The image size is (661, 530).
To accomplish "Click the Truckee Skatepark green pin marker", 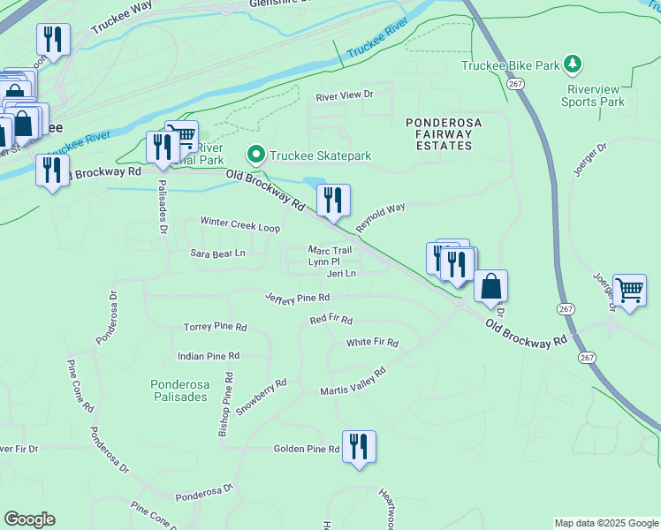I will pyautogui.click(x=257, y=155).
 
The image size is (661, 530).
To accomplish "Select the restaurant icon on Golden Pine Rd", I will pyautogui.click(x=359, y=446).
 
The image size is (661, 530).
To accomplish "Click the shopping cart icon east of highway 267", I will pyautogui.click(x=629, y=290).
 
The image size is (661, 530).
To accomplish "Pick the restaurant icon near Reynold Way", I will pyautogui.click(x=333, y=200).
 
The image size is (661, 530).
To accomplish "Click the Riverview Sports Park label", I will pyautogui.click(x=592, y=95).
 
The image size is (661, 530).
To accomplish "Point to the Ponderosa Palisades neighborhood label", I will pyautogui.click(x=179, y=390).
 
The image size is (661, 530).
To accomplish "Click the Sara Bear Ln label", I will pyautogui.click(x=217, y=254).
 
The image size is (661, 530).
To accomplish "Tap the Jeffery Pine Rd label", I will pyautogui.click(x=297, y=297).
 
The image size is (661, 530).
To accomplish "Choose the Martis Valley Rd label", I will pyautogui.click(x=353, y=382).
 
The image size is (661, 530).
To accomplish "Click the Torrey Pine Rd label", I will pyautogui.click(x=215, y=327).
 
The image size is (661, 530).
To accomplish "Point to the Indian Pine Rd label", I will pyautogui.click(x=209, y=355).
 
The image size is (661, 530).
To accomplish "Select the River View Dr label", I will pyautogui.click(x=346, y=94).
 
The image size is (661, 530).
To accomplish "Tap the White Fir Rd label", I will pyautogui.click(x=372, y=342).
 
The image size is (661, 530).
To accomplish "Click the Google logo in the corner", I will pyautogui.click(x=29, y=519).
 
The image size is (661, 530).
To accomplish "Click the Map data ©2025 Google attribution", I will pyautogui.click(x=605, y=524).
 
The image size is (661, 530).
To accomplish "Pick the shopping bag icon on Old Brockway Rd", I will pyautogui.click(x=490, y=287).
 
